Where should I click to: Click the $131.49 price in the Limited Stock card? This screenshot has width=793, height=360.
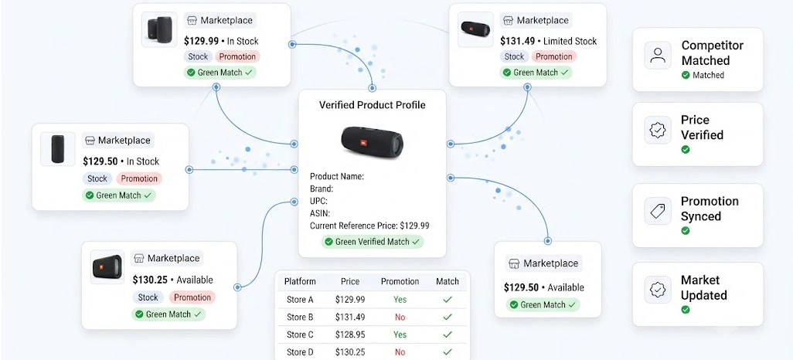516,41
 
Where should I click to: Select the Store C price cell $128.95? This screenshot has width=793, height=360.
350,335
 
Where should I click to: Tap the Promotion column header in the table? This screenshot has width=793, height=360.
400,282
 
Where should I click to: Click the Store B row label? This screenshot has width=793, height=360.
300,317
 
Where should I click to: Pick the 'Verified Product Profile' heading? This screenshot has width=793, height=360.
373,105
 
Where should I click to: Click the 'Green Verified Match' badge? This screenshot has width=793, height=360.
373,242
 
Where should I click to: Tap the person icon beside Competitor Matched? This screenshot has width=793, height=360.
658,55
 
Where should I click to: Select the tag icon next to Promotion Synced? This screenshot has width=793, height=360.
658,211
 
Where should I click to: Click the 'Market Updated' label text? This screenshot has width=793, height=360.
704,287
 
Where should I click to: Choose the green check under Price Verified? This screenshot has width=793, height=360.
686,150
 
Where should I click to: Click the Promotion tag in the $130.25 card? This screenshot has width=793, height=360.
192,297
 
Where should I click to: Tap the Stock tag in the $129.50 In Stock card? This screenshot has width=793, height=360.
97,178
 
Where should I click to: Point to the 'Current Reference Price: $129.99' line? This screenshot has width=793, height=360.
369,226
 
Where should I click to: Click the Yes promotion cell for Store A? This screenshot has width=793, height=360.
400,300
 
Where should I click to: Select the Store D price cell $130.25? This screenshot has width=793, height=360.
350,352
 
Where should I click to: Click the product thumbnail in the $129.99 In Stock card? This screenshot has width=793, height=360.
159,29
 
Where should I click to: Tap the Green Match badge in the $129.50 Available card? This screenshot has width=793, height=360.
543,305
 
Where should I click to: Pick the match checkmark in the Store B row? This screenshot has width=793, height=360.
447,318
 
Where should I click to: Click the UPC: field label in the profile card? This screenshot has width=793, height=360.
318,201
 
